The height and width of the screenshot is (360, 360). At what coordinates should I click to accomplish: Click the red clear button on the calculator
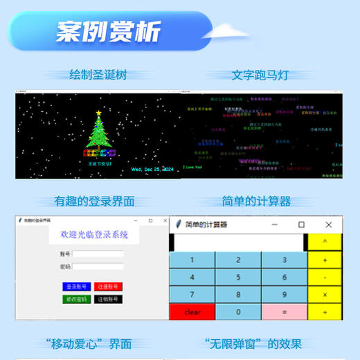192,312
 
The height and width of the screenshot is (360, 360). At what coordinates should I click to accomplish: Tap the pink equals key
284,312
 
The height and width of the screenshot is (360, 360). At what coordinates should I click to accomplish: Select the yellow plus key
325,260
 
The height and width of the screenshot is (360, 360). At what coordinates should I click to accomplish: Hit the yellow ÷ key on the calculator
325,312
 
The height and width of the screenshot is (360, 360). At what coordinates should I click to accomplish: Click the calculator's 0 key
238,312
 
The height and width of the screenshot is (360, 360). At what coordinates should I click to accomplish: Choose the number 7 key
192,295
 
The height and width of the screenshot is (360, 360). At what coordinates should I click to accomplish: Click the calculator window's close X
328,225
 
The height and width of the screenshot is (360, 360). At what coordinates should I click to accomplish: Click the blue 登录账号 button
76,286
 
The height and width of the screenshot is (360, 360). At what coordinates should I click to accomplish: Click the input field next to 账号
98,254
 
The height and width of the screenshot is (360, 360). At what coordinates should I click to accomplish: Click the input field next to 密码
98,267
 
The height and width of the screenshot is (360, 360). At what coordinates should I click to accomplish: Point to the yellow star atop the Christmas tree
99,112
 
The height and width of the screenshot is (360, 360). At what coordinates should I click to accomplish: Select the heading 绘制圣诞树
98,75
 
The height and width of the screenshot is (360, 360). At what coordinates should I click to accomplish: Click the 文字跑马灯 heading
260,75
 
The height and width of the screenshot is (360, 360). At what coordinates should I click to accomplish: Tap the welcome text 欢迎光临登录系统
94,235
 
